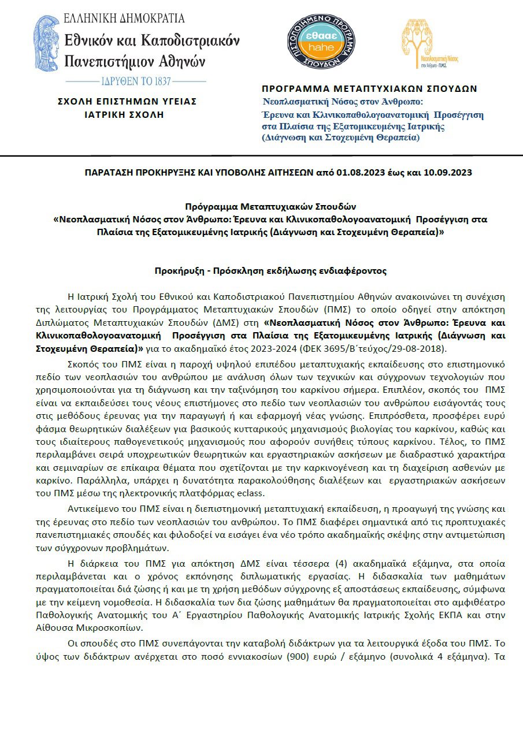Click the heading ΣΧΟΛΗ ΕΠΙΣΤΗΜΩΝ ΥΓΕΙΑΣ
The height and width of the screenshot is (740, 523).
(127, 101)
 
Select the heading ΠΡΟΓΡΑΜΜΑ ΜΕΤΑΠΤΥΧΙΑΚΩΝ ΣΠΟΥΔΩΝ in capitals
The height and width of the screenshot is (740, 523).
(369, 89)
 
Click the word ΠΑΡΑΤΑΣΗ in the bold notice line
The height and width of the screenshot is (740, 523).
(106, 172)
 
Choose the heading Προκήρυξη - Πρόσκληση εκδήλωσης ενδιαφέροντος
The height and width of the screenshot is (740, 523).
(270, 270)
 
